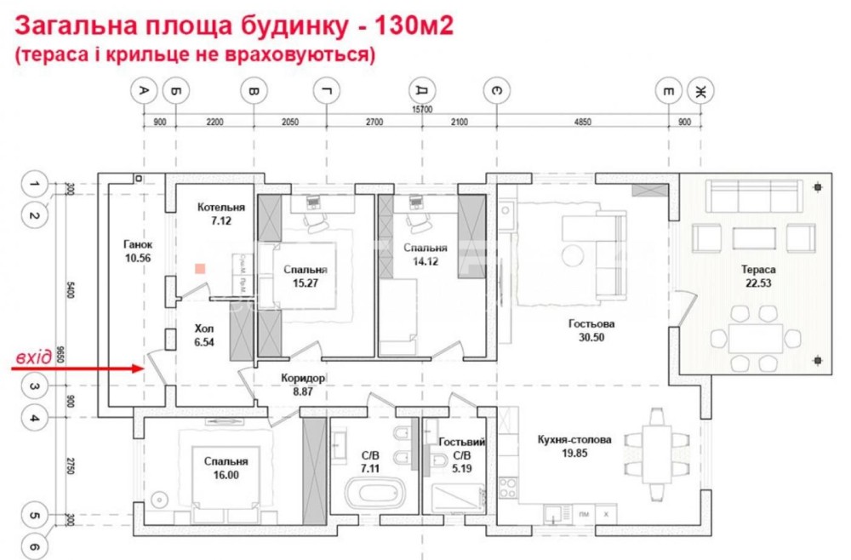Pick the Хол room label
click(204, 328)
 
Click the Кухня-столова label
click(574, 440)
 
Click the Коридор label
click(304, 379)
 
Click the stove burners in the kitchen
click(508, 489)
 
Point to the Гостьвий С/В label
click(462, 443)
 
